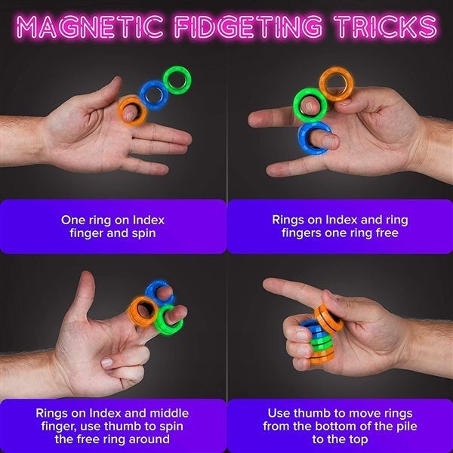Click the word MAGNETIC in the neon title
(x=89, y=26)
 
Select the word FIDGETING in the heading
(x=248, y=26)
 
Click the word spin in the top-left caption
(x=144, y=233)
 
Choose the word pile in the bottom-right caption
(x=406, y=426)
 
